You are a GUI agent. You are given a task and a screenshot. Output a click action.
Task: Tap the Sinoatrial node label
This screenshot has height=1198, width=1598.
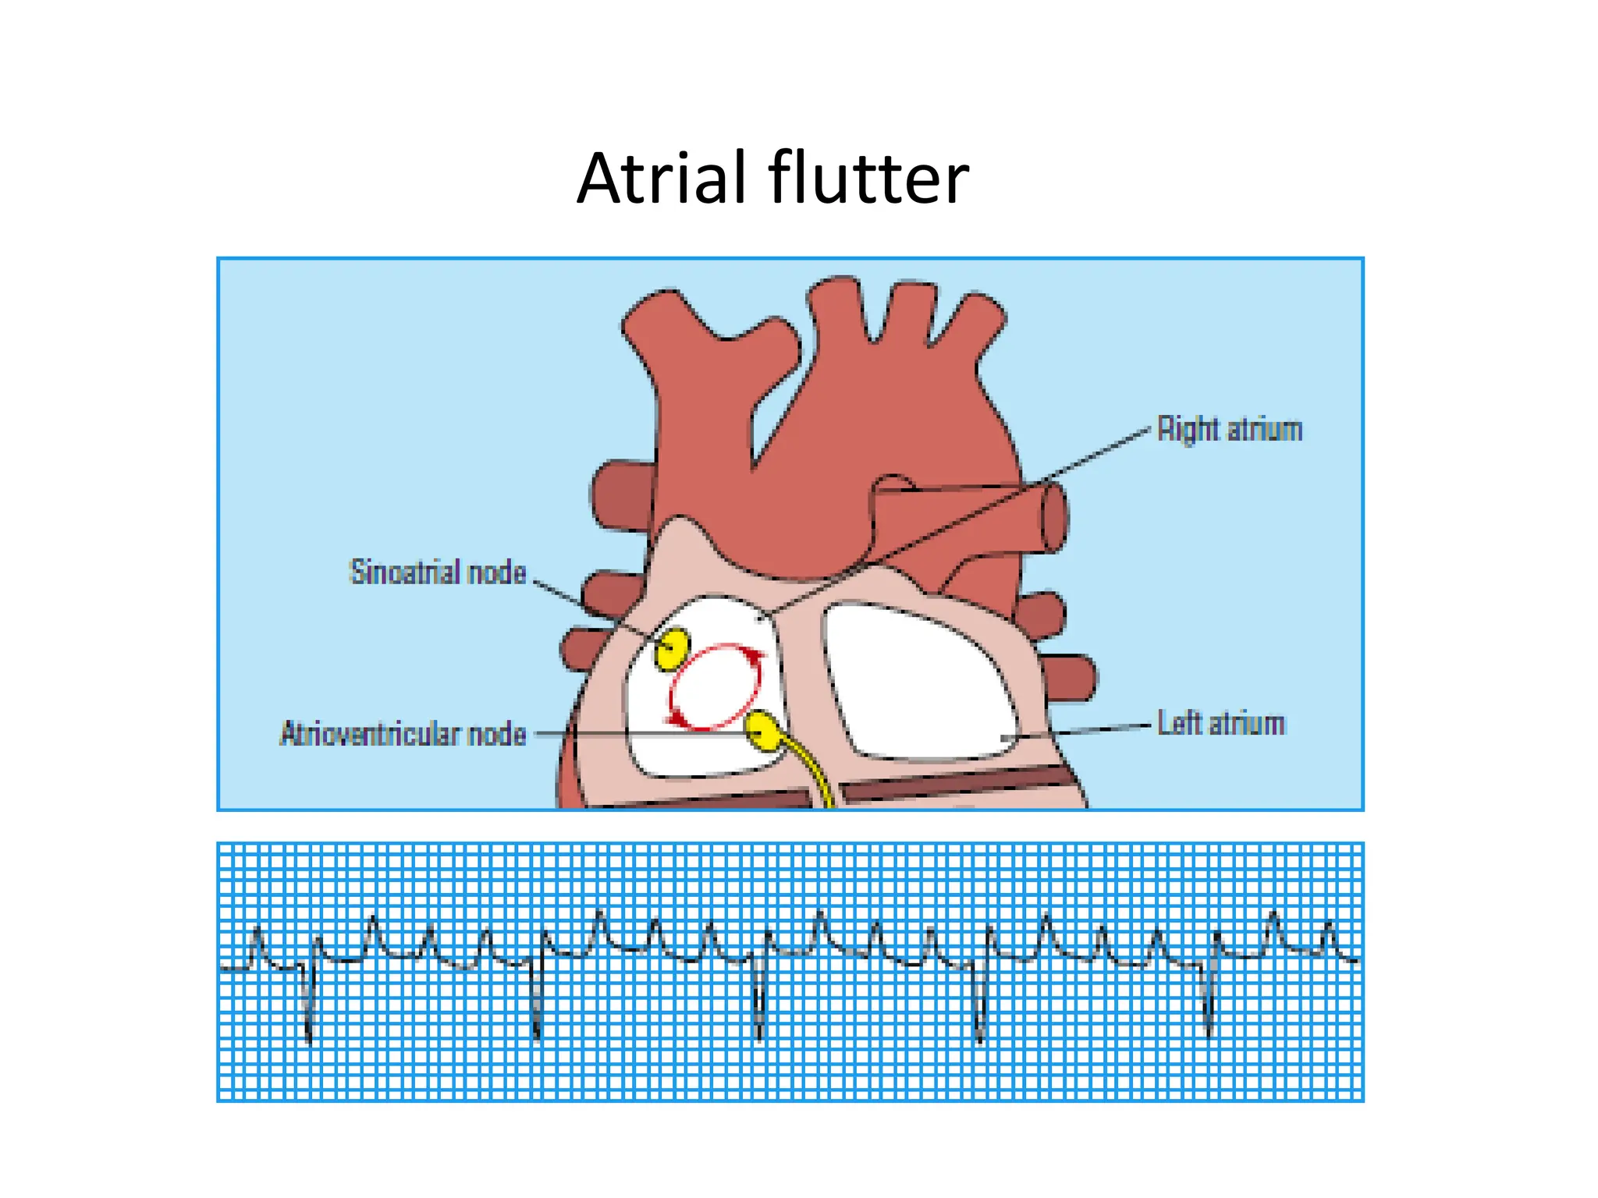click(438, 572)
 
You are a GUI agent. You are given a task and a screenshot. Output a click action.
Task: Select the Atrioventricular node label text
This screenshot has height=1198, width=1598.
click(403, 734)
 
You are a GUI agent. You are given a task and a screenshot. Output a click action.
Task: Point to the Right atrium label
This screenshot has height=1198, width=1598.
click(1229, 430)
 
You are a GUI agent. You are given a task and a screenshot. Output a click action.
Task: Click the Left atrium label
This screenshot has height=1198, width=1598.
click(1220, 724)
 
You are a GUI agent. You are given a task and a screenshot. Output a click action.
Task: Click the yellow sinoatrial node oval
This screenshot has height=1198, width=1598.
click(671, 648)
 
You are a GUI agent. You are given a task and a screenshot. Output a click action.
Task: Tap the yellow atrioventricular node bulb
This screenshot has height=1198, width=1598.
click(762, 731)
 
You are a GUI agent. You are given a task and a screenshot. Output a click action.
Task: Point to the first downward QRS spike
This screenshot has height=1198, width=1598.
click(309, 1014)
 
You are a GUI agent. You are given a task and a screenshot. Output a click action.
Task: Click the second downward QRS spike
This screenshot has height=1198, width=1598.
click(537, 1014)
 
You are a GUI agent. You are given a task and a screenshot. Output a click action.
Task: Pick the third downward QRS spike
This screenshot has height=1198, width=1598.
click(759, 1014)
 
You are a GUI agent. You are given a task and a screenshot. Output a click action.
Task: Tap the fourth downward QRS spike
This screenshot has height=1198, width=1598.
click(981, 1014)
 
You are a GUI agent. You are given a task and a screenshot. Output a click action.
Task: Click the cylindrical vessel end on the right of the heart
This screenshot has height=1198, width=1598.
click(1053, 517)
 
